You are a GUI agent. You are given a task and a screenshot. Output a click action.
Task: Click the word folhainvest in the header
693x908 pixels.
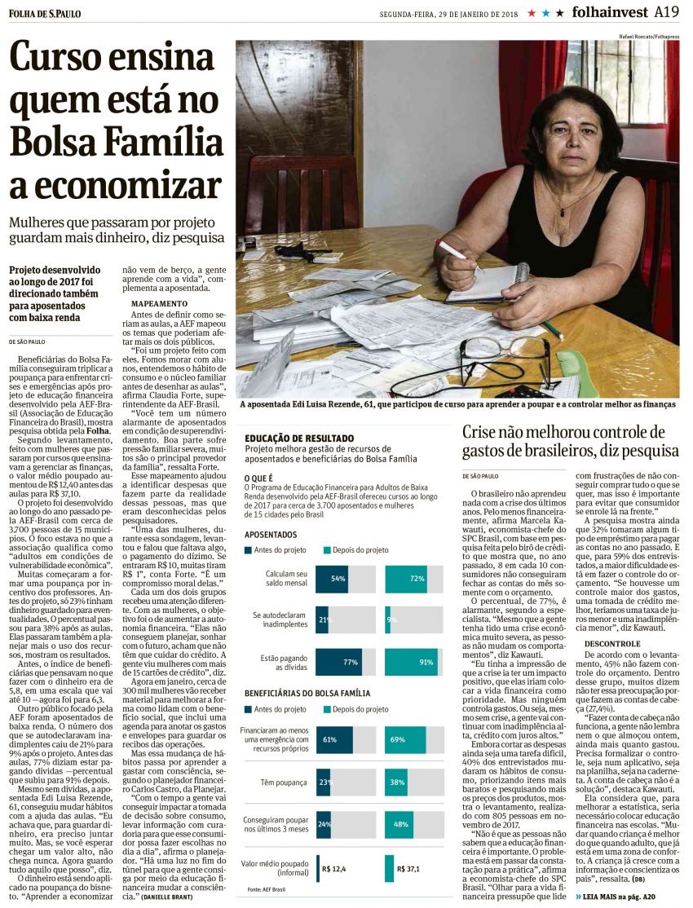tap(610, 12)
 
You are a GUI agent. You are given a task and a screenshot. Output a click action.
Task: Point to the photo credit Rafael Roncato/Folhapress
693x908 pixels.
tap(644, 36)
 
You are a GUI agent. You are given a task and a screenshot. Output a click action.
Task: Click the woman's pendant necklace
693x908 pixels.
tap(562, 211)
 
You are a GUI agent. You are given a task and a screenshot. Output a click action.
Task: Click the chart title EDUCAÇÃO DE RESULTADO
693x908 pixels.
tap(298, 439)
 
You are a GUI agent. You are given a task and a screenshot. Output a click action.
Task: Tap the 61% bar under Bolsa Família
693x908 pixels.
tap(333, 740)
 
